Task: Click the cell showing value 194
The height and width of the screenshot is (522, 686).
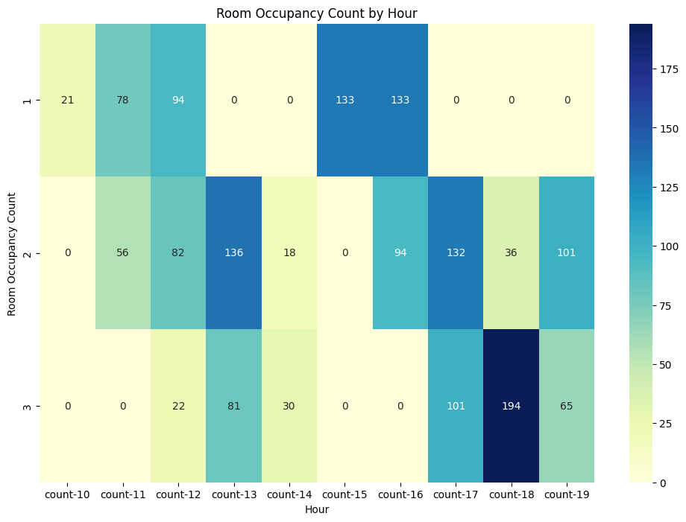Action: coord(512,407)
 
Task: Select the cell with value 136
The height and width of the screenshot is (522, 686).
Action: coord(234,253)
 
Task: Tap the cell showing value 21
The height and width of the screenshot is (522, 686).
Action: coord(67,101)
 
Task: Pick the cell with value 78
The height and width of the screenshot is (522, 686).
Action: coord(123,101)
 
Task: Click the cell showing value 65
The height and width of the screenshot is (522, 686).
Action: coord(567,407)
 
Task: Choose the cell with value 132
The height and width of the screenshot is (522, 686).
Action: coord(456,253)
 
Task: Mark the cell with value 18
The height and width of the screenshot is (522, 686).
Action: coord(289,253)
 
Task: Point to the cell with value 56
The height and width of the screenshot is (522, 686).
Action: coord(123,253)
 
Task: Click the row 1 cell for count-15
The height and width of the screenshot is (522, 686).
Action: coord(344,101)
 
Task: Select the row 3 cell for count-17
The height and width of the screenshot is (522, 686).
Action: coord(456,407)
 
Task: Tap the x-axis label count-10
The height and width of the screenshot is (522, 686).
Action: coord(67,494)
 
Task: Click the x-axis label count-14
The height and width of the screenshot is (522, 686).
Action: coord(289,494)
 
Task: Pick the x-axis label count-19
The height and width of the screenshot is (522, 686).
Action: coord(567,494)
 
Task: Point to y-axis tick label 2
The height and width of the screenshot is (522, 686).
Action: coord(28,253)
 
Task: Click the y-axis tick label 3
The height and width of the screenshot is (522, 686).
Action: coord(28,407)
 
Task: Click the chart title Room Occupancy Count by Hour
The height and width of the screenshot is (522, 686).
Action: coord(317,13)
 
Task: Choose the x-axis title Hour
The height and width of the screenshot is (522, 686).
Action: coord(317,509)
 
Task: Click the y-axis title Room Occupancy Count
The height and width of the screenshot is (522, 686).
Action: coord(12,253)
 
